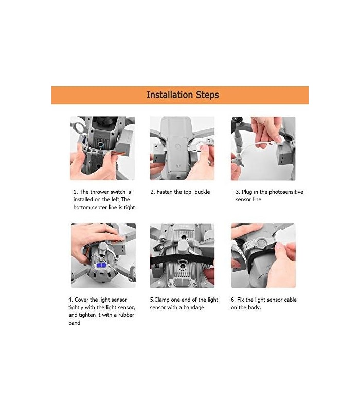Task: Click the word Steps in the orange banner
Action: pyautogui.click(x=207, y=95)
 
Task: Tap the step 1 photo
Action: pyautogui.click(x=102, y=148)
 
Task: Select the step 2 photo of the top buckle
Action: pyautogui.click(x=183, y=148)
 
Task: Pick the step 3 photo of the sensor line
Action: pyautogui.click(x=263, y=148)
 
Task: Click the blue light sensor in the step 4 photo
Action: pyautogui.click(x=101, y=266)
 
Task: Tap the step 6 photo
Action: pyautogui.click(x=263, y=255)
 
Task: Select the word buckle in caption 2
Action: pyautogui.click(x=202, y=192)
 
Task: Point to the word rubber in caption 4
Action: pyautogui.click(x=126, y=315)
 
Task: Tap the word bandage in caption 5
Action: pyautogui.click(x=194, y=307)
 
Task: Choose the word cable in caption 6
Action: pyautogui.click(x=290, y=300)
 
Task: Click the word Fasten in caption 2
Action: pyautogui.click(x=165, y=192)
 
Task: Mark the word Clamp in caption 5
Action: pyautogui.click(x=162, y=300)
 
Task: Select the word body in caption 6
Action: pyautogui.click(x=254, y=307)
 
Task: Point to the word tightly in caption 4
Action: pyautogui.click(x=76, y=307)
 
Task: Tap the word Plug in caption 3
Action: pyautogui.click(x=247, y=192)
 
